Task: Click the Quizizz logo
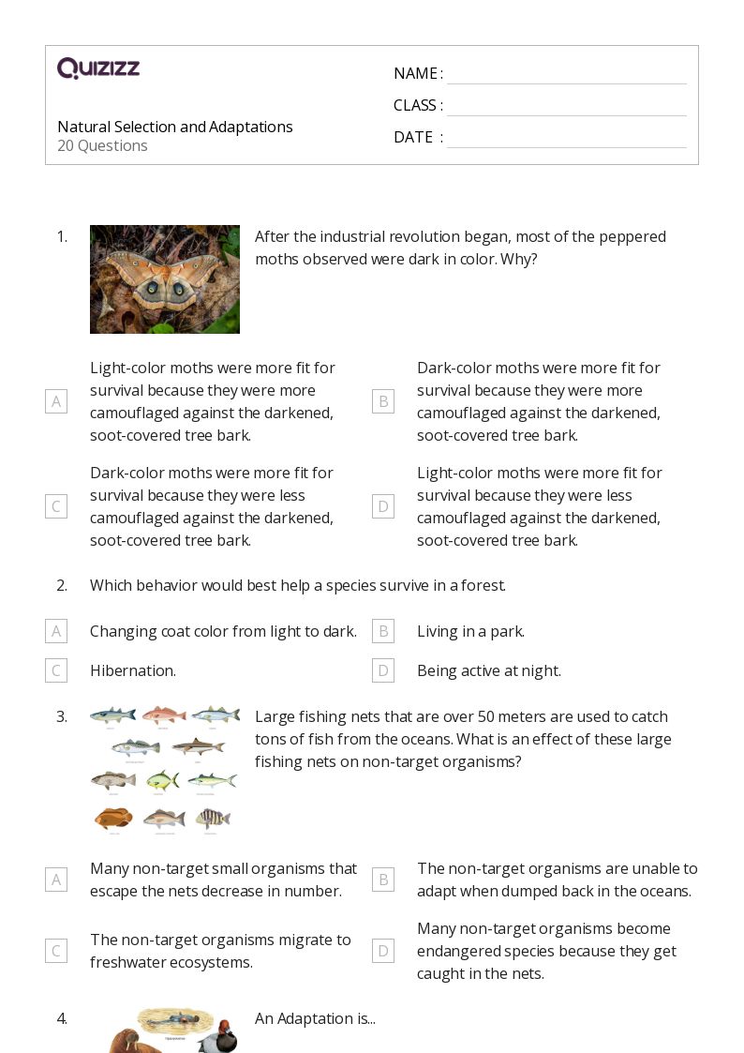98,68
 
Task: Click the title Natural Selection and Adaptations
175,127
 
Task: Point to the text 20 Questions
102,145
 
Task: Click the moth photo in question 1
165,279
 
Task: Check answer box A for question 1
56,401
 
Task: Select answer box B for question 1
382,401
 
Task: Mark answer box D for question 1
382,506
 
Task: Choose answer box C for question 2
56,670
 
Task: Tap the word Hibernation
133,670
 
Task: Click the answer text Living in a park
470,631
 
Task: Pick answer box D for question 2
382,670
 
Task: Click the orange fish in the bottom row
113,818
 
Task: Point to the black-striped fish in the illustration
213,819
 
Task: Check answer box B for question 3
382,880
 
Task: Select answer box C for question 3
56,951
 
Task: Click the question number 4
61,1018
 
